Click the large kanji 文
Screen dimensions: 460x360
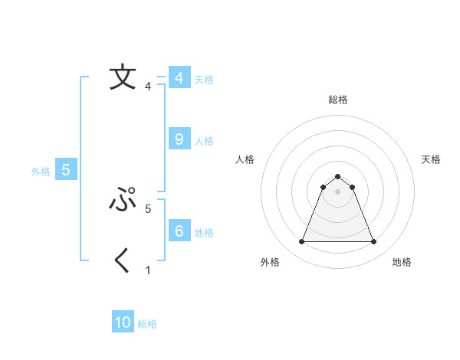tap(123, 78)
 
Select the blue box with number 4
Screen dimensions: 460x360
tap(179, 78)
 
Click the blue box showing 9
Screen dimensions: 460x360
tap(179, 139)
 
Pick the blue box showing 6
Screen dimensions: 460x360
tap(179, 231)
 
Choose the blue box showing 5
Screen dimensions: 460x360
tap(66, 170)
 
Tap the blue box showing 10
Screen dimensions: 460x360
tap(123, 322)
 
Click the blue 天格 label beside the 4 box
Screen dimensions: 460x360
tap(204, 80)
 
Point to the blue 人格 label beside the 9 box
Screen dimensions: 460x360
tap(204, 141)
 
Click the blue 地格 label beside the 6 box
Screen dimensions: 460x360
tap(204, 233)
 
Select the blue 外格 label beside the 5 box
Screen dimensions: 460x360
tap(41, 172)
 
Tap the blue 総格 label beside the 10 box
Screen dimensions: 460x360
tap(147, 324)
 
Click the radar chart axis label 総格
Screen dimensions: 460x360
tap(337, 100)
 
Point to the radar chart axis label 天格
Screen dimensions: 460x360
tap(432, 159)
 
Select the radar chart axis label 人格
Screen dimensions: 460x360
tap(245, 159)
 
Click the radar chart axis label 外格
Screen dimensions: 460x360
tap(270, 262)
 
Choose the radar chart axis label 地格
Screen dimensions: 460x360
tap(402, 262)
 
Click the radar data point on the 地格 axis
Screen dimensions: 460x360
tap(373, 242)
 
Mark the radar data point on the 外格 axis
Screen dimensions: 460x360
tap(301, 242)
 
